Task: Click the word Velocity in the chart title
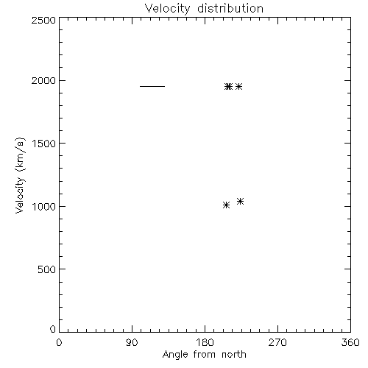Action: [x=167, y=9]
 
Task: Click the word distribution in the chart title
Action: [x=230, y=8]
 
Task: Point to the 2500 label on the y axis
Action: [x=43, y=20]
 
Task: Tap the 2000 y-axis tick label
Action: [x=43, y=80]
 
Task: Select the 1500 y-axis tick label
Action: [x=44, y=144]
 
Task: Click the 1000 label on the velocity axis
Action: [x=44, y=206]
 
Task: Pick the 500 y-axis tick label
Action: [x=47, y=269]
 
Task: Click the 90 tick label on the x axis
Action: [x=132, y=342]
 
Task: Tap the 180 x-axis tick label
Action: [x=205, y=342]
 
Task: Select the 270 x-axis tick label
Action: [x=277, y=342]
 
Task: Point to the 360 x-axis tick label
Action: [x=350, y=342]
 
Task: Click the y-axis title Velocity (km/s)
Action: [x=20, y=175]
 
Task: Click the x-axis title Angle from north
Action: [x=205, y=355]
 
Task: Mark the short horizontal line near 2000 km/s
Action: [x=152, y=86]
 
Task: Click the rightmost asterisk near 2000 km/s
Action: [x=238, y=86]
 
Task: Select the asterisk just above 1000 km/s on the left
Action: [x=226, y=205]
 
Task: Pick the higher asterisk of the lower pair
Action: [x=240, y=202]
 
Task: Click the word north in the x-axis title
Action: [x=234, y=354]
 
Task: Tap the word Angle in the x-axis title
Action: [x=175, y=355]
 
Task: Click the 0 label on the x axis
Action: [x=59, y=342]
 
